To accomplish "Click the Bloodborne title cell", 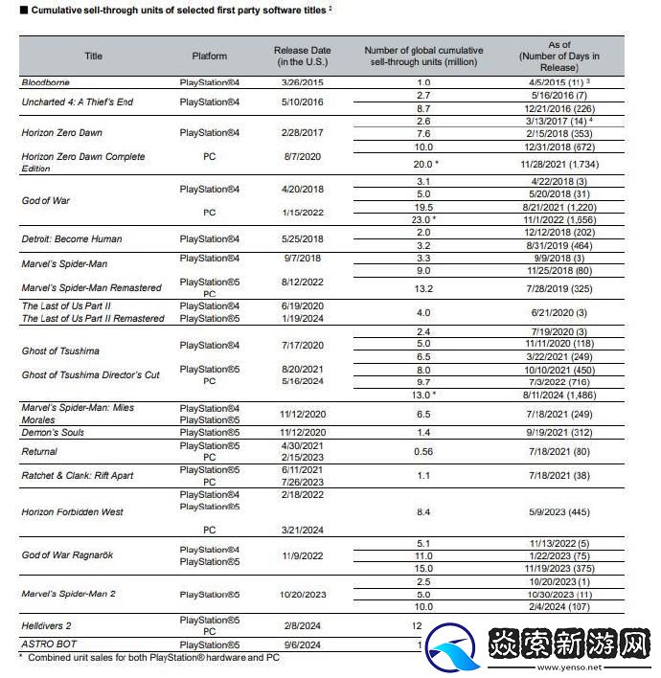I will click(46, 83).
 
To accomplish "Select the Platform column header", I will click(209, 56).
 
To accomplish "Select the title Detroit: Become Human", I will click(72, 238).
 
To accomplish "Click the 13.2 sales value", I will click(424, 288).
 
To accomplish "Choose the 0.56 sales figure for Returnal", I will click(424, 451).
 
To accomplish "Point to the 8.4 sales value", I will click(424, 512).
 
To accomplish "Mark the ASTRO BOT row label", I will click(49, 644).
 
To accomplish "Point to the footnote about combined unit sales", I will click(150, 658).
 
